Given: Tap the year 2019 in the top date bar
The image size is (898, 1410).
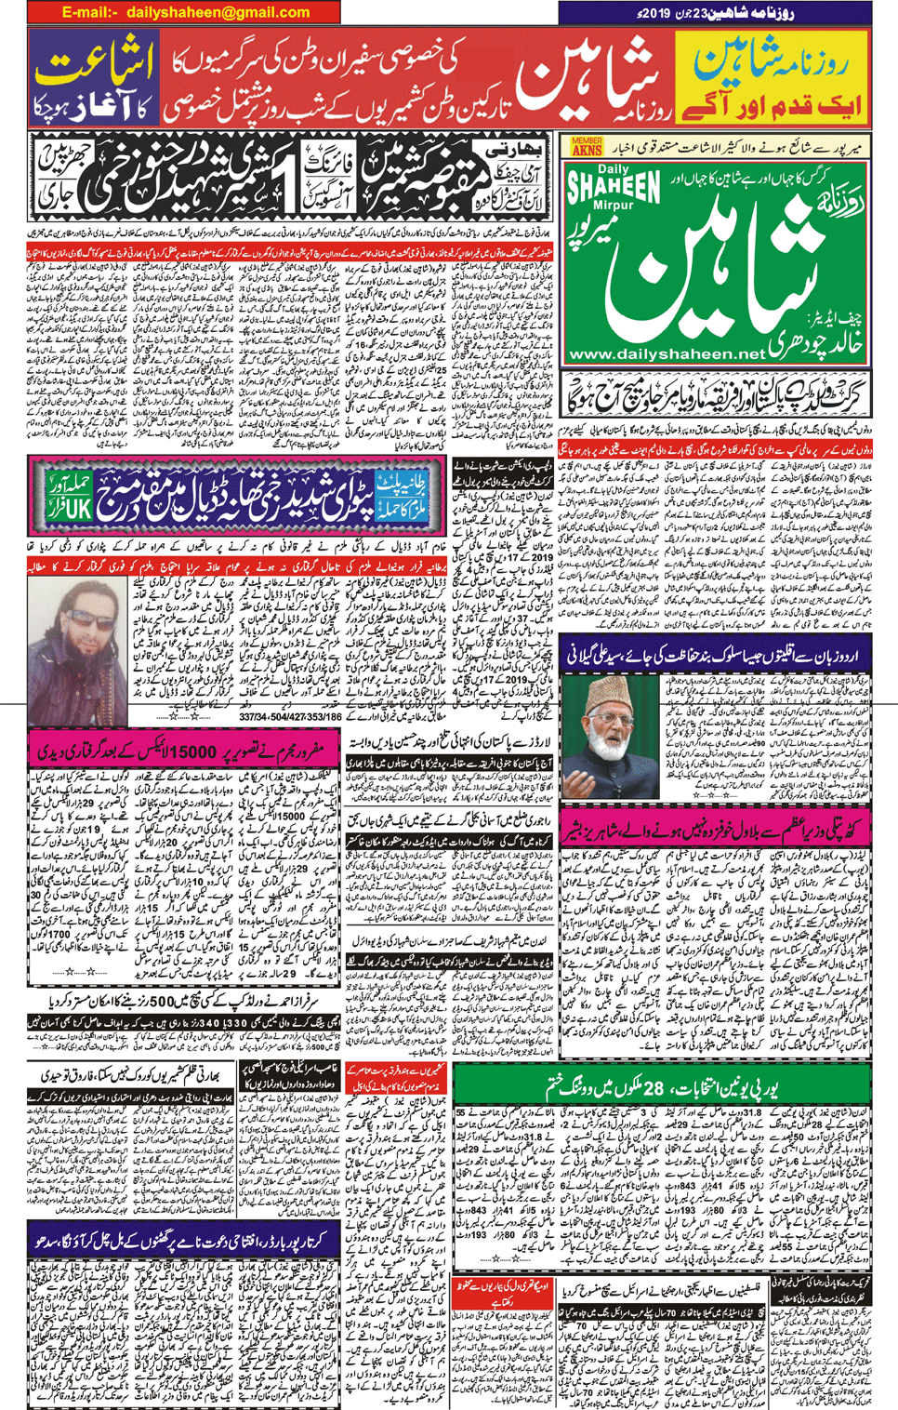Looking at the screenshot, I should [x=653, y=12].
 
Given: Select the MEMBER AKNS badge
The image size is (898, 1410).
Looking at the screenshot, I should [x=587, y=146].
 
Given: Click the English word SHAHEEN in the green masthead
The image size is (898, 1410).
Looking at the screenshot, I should [x=614, y=186].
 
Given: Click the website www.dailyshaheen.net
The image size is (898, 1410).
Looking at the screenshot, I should [x=667, y=354].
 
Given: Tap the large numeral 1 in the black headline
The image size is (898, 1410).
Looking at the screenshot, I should [x=291, y=189].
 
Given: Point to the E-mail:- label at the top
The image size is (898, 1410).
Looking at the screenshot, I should [x=90, y=12].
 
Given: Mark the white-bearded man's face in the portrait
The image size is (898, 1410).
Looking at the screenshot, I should [x=608, y=725].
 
